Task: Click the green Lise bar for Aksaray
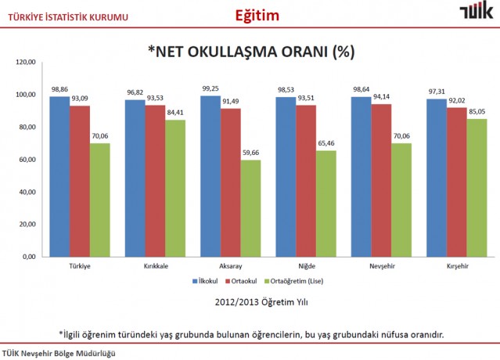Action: (250, 208)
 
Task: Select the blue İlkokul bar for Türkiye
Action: (59, 176)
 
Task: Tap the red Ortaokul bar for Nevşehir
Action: (381, 180)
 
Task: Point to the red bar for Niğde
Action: (305, 181)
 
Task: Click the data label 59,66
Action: (250, 154)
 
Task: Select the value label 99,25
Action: (209, 90)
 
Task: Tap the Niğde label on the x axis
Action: (307, 266)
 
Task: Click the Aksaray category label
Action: (230, 266)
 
